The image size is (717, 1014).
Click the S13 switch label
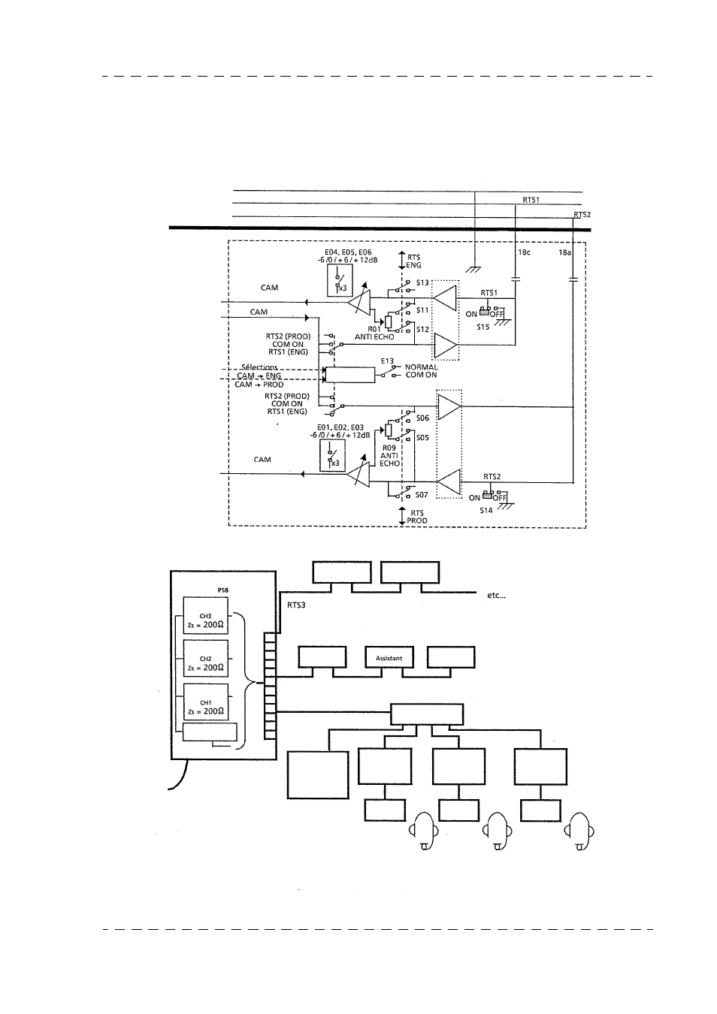[422, 283]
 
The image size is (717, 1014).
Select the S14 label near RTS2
[486, 511]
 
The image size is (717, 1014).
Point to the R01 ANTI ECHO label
[374, 333]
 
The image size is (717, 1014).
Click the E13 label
[387, 361]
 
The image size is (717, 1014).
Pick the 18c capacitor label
[525, 253]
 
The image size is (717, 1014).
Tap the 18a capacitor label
[564, 253]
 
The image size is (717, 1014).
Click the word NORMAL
[421, 367]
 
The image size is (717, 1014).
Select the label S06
[422, 418]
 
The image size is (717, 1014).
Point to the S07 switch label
[422, 495]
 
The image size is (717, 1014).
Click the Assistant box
[389, 658]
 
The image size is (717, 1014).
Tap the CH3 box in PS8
[206, 620]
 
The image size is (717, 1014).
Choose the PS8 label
[212, 592]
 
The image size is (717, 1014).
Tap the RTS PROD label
[416, 517]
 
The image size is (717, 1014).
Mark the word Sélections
[259, 367]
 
